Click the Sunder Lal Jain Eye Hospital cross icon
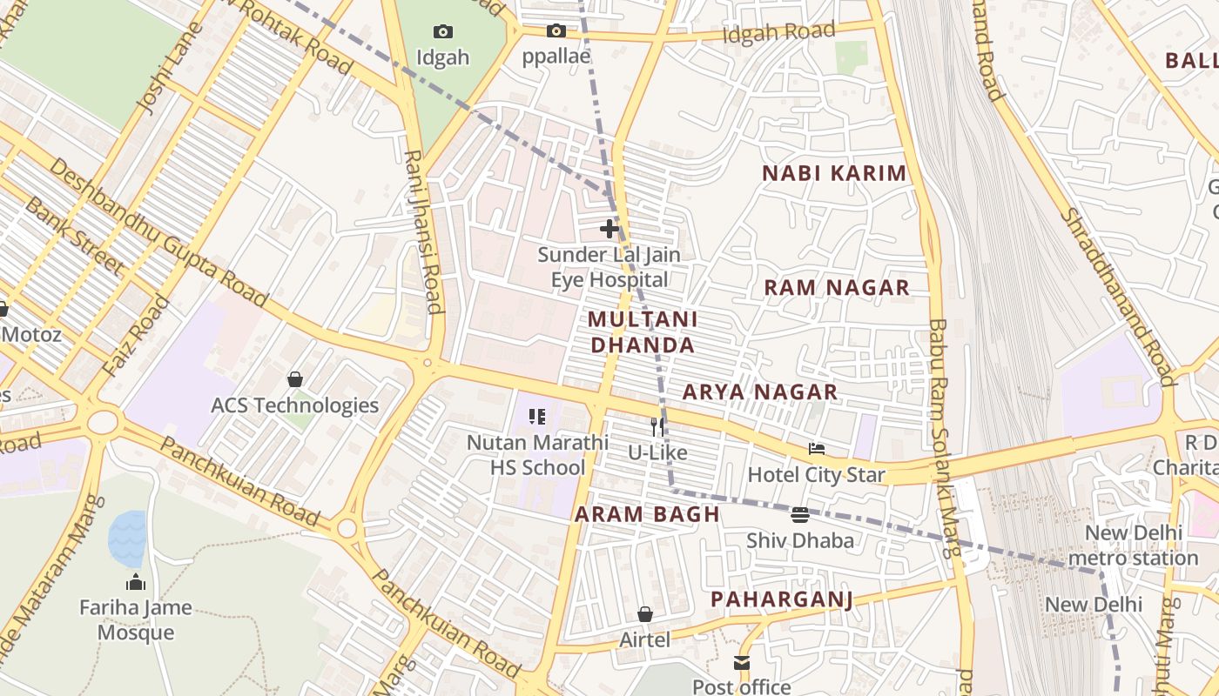pos(609,229)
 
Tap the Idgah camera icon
pos(443,32)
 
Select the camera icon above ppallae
pos(556,31)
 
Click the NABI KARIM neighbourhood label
pos(834,173)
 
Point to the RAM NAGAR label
pos(837,287)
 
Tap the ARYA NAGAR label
pos(760,391)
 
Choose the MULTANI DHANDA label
pos(643,331)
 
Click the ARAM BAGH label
pos(648,514)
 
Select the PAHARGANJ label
pos(781,599)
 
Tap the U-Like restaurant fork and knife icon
pos(658,426)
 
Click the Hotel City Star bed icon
pos(817,449)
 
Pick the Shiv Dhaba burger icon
pos(800,514)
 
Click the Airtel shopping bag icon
pos(645,614)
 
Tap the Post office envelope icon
pos(742,663)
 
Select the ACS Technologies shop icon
pos(295,379)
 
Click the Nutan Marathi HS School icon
pos(537,417)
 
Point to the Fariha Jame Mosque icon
pos(136,581)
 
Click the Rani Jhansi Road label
pos(422,231)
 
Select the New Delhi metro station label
pos(1133,545)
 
